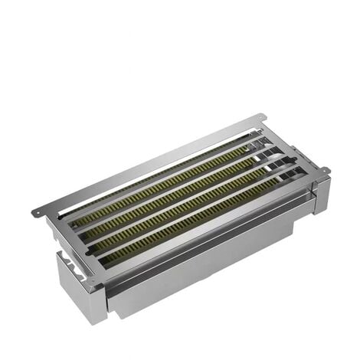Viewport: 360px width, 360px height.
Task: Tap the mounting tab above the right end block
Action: tap(324, 171)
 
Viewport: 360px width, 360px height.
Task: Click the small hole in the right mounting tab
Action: tap(326, 170)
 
